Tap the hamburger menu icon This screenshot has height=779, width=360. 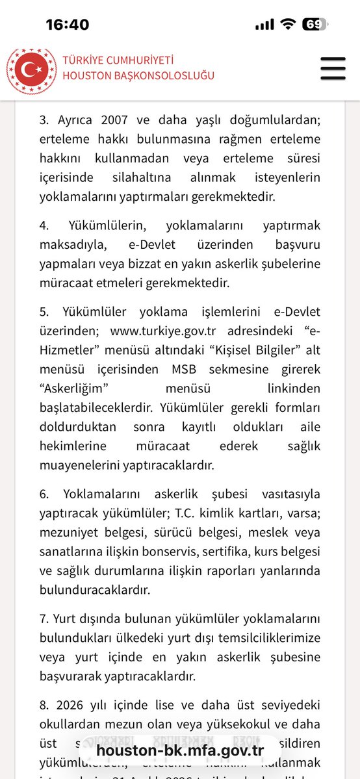[x=333, y=68]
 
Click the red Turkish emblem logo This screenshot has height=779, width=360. [x=31, y=68]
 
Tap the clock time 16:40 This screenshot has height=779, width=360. [x=68, y=25]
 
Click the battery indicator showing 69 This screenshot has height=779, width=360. [x=315, y=25]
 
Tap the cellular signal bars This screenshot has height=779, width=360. [x=264, y=25]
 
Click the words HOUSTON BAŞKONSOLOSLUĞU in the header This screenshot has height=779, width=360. [x=138, y=75]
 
